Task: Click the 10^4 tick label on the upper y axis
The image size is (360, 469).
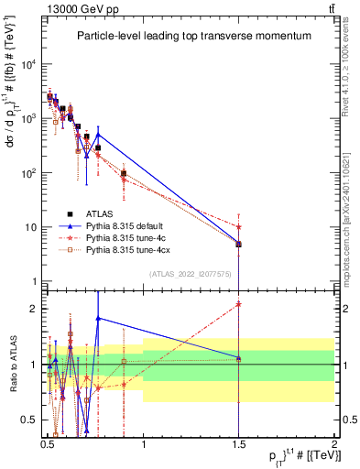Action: tap(28, 64)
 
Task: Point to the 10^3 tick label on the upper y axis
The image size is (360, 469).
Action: tap(28, 118)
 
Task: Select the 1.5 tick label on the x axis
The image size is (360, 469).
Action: tap(238, 442)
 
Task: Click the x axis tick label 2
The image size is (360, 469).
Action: tap(334, 442)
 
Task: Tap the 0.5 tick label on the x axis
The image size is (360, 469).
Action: tap(48, 442)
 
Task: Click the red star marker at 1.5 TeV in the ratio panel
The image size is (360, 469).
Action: tap(238, 303)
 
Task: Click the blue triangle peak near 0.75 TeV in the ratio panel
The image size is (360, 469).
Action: tap(98, 318)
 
